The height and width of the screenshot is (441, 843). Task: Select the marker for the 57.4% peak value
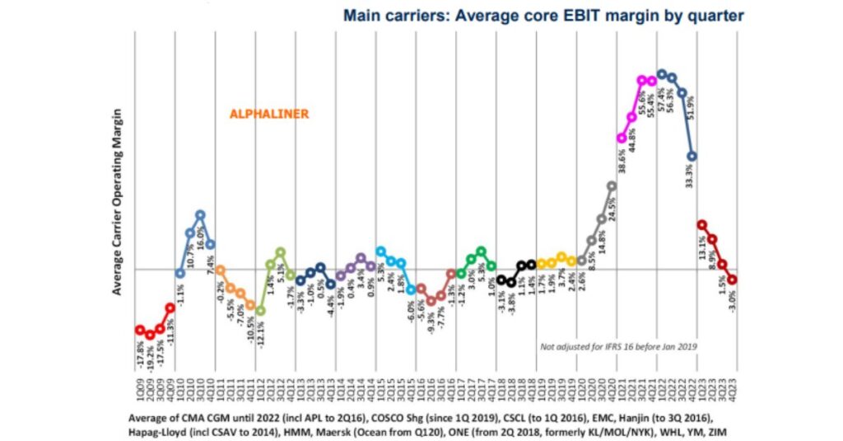click(661, 73)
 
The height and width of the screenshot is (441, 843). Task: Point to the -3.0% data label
click(732, 306)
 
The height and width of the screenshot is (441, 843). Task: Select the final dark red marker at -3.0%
click(732, 279)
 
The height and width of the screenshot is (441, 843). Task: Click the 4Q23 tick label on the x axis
click(732, 392)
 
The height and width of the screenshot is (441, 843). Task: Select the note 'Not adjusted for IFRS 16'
click(617, 347)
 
